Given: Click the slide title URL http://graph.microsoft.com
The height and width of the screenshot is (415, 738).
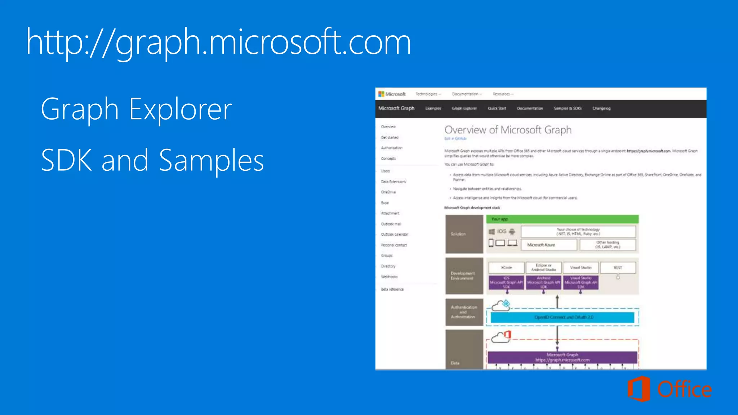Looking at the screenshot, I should point(218,43).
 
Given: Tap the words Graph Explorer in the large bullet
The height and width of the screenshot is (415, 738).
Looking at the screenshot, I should point(136,109).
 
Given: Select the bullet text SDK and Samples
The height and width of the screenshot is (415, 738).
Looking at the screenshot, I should point(152,160).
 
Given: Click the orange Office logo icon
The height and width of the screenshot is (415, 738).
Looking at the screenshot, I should point(639,389).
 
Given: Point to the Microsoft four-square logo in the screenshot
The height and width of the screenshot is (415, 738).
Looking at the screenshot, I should point(381,94).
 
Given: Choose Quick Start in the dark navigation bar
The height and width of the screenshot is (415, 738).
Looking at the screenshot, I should point(497,108).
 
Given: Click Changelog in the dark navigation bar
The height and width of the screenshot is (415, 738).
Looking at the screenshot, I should point(601,108).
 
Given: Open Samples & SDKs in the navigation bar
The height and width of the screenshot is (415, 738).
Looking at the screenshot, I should point(568,108).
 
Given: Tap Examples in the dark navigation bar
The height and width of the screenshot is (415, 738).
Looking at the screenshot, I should point(433,108).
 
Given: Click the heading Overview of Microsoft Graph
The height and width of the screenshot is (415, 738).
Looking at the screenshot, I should point(508,130).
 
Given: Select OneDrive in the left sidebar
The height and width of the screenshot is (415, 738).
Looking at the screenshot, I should point(388,192).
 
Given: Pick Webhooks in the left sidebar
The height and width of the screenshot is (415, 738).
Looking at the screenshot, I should point(389,277).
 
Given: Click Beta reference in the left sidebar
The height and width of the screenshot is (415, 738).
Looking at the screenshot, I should point(392,289).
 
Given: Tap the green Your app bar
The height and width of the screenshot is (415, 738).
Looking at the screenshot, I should point(562,219).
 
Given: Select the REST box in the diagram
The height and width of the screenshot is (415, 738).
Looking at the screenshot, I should point(618,268).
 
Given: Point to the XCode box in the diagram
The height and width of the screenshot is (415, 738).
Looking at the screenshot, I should point(506,268).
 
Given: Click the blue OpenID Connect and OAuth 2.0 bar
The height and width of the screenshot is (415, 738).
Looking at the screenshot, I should point(562,317).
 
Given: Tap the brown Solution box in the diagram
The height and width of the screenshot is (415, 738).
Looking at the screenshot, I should point(464,234).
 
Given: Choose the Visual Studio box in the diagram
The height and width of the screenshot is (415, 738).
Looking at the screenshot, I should point(581,268).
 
